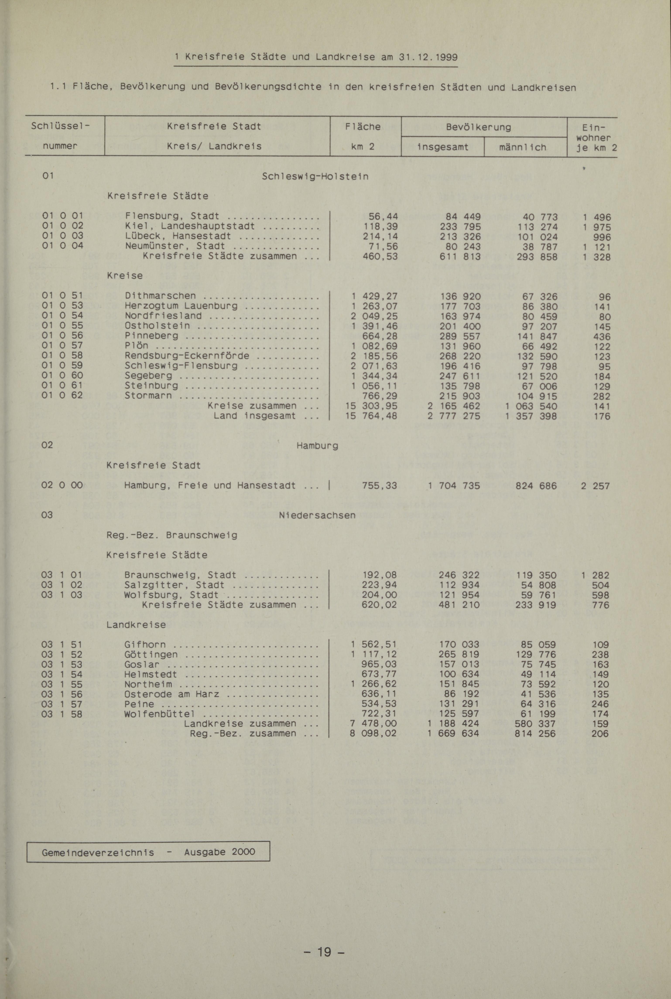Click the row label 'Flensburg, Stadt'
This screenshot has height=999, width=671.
[x=172, y=216]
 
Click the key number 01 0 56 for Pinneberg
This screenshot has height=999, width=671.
[x=62, y=335]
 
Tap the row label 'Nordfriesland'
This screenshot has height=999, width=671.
[x=163, y=316]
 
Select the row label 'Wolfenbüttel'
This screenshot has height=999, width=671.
[x=160, y=714]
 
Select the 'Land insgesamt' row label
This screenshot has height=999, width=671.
[x=255, y=416]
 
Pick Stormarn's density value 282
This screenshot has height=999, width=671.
[x=602, y=396]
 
